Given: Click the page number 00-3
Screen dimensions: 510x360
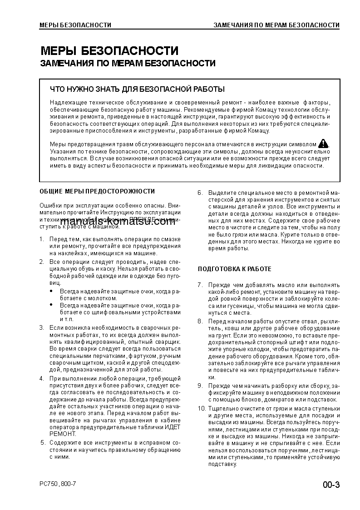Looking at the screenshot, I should click(331, 485).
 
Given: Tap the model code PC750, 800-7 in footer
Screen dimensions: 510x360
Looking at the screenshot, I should click(58, 484).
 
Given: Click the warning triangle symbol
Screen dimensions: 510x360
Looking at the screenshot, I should click(323, 144).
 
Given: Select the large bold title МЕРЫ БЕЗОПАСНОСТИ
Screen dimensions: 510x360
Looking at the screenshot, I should click(109, 50).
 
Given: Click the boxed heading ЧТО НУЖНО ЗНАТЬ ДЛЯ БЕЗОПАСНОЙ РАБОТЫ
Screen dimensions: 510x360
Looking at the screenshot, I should click(137, 89).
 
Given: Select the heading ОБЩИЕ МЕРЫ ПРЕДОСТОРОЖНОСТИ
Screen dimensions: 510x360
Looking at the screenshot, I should click(97, 191).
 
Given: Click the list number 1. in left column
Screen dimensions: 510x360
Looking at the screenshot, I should click(41, 239).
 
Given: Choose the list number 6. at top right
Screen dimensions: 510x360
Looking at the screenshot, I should click(200, 193).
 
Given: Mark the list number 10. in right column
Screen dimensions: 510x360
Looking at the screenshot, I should click(202, 408).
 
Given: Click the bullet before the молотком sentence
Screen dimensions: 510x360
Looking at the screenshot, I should click(51, 291).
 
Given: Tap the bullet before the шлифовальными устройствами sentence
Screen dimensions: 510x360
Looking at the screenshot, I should click(51, 306).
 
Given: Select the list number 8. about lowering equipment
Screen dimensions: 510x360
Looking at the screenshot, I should click(200, 321).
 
